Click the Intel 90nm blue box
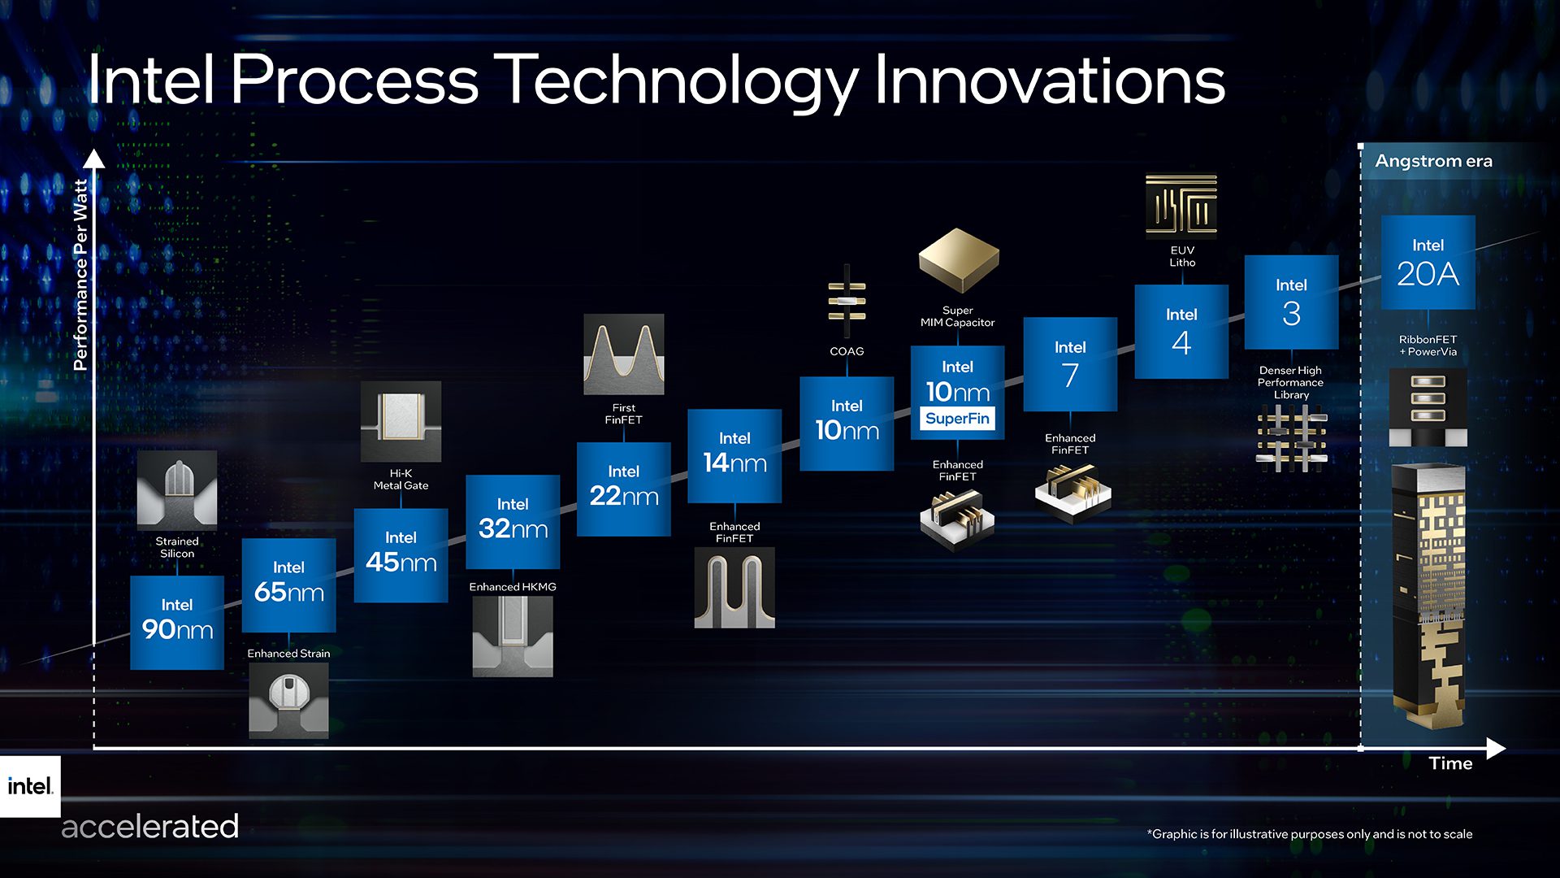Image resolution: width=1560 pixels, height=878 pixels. pos(177,622)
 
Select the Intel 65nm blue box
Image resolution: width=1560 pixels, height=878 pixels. pos(288,585)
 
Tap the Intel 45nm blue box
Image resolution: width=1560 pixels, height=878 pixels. pos(401,555)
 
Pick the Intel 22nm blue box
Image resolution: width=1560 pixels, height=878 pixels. pos(623,489)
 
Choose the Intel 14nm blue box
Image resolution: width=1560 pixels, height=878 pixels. pos(734,455)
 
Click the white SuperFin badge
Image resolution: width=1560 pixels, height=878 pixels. pos(957,419)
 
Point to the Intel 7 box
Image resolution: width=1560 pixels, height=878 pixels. pos(1070,363)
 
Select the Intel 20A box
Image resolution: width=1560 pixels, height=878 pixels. pos(1428,262)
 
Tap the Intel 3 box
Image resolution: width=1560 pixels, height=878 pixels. pos(1291,302)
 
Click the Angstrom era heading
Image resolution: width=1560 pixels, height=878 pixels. pos(1433,161)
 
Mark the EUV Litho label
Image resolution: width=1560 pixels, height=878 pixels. pos(1182,256)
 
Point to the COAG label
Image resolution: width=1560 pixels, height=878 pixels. pos(847,351)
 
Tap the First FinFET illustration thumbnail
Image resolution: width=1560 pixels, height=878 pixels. pos(623,354)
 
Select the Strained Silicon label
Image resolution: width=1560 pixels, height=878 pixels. pos(177,547)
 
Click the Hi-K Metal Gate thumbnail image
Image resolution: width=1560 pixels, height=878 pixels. pos(401,421)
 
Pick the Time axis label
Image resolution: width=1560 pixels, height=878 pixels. pos(1450,763)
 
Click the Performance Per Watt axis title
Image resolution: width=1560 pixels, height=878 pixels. pos(80,275)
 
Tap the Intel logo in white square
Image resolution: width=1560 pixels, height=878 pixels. pos(30,786)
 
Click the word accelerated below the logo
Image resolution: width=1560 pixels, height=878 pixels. pos(150,827)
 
